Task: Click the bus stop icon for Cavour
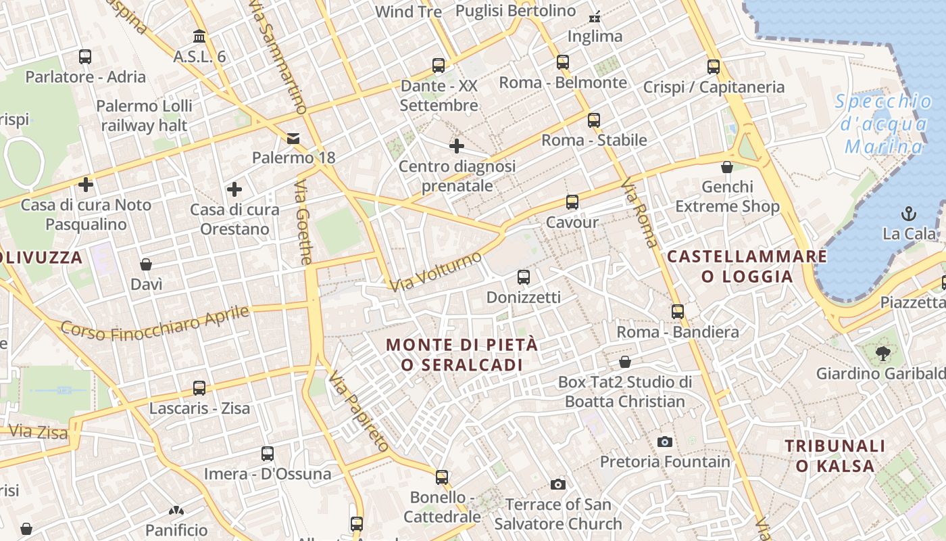(x=572, y=202)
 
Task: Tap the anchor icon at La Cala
(x=909, y=214)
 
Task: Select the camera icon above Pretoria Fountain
(x=665, y=442)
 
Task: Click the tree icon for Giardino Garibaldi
(x=882, y=352)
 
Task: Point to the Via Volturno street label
(x=436, y=271)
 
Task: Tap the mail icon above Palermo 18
(x=293, y=138)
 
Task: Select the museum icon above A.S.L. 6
(x=199, y=36)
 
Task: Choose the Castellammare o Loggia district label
(x=747, y=266)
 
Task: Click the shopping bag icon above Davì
(x=146, y=264)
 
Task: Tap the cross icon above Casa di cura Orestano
(x=234, y=189)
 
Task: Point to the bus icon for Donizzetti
(x=524, y=277)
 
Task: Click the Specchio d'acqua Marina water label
(x=884, y=124)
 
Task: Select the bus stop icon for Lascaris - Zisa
(x=199, y=388)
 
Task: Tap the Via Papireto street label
(x=359, y=411)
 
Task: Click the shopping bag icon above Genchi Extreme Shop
(x=727, y=166)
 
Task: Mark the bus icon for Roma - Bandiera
(x=678, y=312)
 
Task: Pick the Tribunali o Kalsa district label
(x=835, y=455)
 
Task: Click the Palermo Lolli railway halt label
(x=144, y=116)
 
